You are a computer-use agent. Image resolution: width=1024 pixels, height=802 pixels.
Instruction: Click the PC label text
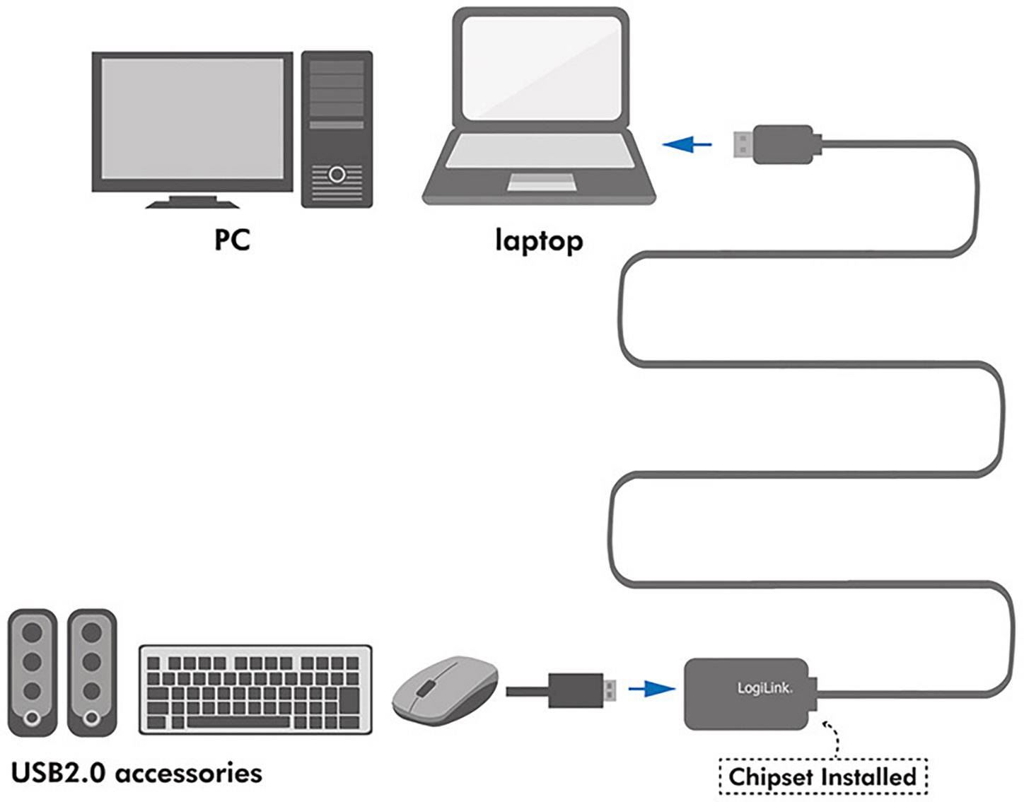232,239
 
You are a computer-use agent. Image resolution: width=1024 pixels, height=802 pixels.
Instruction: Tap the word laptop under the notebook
539,241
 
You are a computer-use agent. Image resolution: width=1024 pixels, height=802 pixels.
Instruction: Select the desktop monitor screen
192,119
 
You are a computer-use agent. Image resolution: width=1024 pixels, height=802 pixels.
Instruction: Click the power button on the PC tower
337,173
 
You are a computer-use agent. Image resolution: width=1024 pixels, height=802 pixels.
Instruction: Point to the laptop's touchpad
542,183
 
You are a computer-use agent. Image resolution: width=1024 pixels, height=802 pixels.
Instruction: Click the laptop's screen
541,69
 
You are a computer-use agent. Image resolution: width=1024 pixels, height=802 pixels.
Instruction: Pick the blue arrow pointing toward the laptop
687,145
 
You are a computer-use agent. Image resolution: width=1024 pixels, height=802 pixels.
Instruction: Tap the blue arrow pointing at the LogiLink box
651,688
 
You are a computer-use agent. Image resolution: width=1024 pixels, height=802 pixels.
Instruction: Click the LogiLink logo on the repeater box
764,688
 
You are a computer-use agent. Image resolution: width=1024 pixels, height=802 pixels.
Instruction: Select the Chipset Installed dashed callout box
822,777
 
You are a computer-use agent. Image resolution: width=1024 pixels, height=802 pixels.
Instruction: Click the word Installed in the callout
869,777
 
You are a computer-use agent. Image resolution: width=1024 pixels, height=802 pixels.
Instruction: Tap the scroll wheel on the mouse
424,687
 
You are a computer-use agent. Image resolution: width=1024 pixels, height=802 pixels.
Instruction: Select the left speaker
32,673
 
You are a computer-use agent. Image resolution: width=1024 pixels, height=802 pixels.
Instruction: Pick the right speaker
92,673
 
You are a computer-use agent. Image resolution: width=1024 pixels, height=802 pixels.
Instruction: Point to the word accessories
188,773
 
